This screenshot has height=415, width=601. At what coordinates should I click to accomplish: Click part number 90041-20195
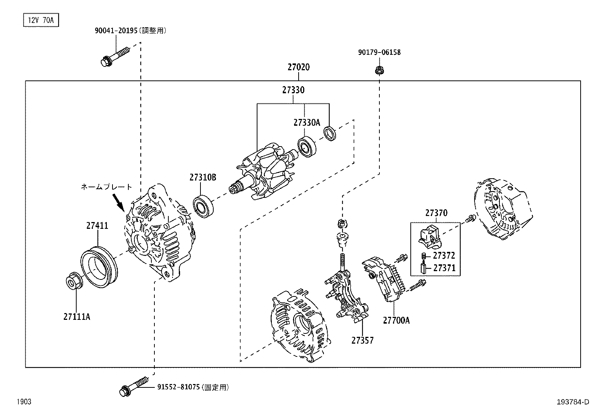tap(117, 31)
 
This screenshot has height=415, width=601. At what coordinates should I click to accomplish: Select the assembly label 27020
tap(298, 68)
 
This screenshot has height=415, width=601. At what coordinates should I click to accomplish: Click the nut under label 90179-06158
tap(379, 70)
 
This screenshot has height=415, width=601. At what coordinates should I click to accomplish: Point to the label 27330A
tap(306, 122)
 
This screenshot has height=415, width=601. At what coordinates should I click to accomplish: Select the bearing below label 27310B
tap(203, 206)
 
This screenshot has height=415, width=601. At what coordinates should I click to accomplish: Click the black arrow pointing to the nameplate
tap(119, 202)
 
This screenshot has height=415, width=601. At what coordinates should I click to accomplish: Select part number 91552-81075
tap(178, 387)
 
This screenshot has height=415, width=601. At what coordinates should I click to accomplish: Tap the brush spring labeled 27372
tap(423, 256)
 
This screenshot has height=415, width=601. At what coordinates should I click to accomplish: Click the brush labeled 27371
tap(423, 268)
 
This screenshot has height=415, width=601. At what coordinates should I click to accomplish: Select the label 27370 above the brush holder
tap(436, 213)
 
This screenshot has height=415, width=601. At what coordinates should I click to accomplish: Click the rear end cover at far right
tap(502, 210)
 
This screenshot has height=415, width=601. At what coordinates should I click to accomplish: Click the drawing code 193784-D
tap(573, 402)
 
